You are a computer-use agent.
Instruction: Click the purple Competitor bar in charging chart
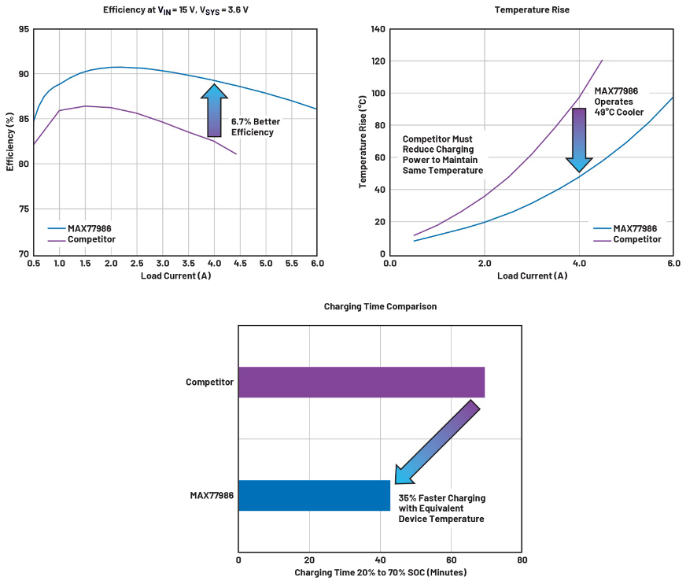tap(361, 382)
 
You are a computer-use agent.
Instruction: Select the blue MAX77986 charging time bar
tap(314, 495)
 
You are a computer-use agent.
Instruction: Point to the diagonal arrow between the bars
tap(437, 442)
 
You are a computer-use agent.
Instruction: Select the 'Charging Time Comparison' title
tap(380, 306)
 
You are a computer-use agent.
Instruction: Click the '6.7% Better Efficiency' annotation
tap(255, 127)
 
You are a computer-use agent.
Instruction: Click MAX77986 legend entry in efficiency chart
tap(89, 228)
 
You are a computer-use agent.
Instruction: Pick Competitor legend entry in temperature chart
tap(636, 239)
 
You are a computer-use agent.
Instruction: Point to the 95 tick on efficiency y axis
tap(24, 29)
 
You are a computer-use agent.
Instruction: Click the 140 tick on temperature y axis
tap(378, 29)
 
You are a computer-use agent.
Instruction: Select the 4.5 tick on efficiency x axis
tap(240, 263)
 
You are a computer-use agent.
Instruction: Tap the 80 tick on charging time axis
tap(522, 560)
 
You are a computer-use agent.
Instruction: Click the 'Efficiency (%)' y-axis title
tap(10, 141)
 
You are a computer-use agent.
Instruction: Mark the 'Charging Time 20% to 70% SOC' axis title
tap(380, 572)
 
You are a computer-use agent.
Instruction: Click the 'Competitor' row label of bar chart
tap(209, 382)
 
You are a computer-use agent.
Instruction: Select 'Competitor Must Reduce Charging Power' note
tap(442, 154)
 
